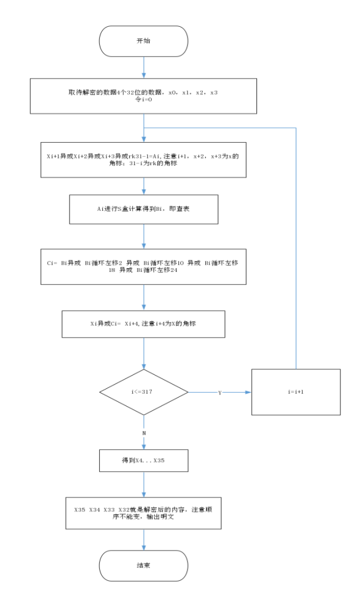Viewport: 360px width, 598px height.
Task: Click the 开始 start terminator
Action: [144, 41]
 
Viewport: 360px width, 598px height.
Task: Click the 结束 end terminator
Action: [144, 565]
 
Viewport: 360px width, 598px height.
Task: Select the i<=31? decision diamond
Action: [144, 392]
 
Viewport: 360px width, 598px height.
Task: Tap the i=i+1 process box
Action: [296, 392]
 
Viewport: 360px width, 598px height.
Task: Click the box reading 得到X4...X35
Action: [144, 461]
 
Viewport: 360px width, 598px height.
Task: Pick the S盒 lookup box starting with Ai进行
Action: [144, 209]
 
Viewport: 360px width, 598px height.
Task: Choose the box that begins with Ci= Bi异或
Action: [144, 266]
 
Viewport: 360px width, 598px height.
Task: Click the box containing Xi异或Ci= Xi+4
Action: [144, 324]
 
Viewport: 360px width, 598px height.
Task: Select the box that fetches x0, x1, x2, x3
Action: [144, 96]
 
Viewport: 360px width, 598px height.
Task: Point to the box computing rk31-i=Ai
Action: [144, 160]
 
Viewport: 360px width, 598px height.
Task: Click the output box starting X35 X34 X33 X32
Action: [144, 513]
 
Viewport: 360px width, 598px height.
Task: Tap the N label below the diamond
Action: [144, 432]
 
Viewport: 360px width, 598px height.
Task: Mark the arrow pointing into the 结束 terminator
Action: [144, 540]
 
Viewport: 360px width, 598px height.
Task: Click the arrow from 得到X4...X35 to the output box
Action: [144, 485]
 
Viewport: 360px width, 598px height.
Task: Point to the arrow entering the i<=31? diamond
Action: [144, 354]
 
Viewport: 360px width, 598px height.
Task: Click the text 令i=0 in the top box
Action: [144, 100]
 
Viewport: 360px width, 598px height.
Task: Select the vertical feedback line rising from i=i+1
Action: [296, 244]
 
